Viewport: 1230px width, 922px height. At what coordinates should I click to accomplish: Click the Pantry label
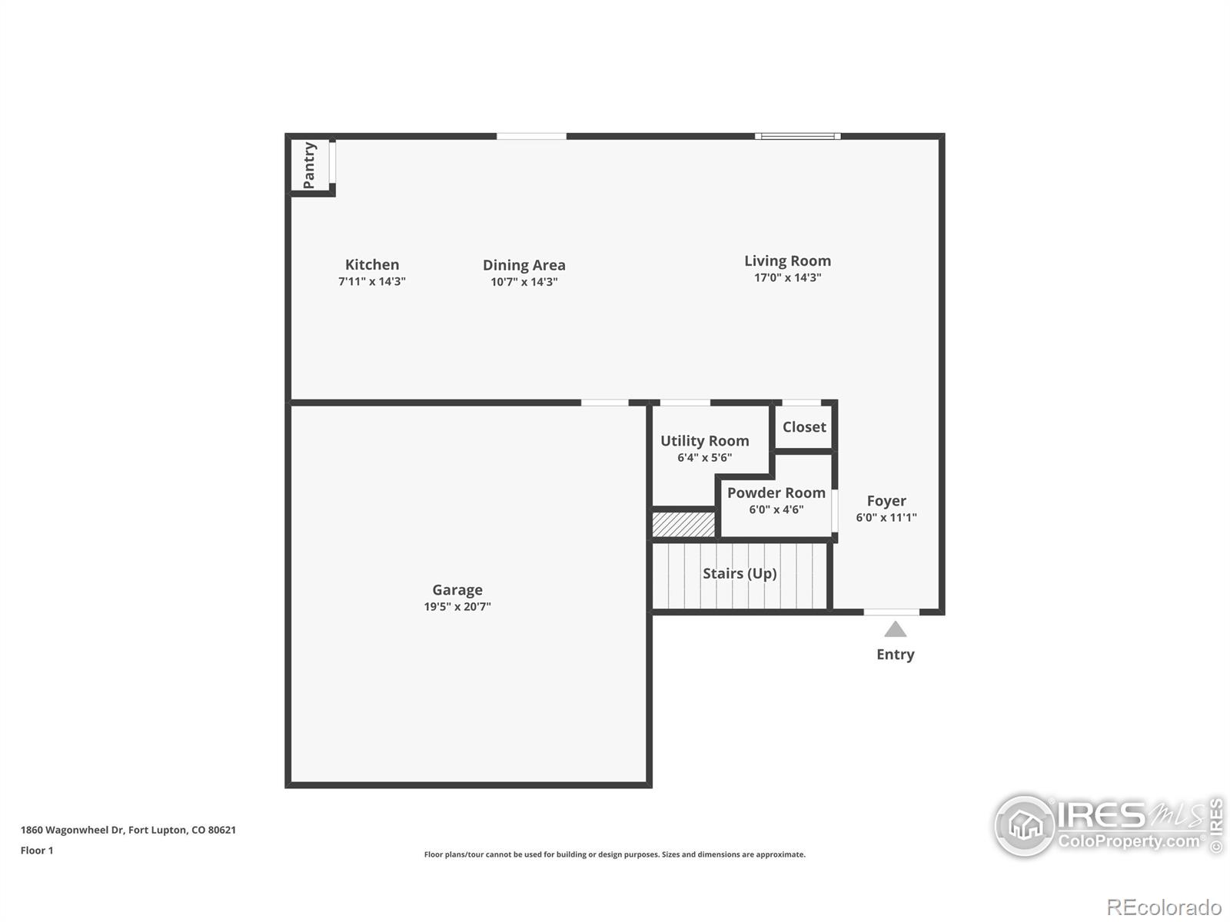coord(309,165)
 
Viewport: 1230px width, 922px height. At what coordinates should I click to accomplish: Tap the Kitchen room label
coord(372,264)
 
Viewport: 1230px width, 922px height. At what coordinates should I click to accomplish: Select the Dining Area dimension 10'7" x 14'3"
coord(524,281)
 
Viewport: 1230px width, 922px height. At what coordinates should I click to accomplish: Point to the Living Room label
coord(787,261)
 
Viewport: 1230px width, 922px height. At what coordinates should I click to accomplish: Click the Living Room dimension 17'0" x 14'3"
coord(787,277)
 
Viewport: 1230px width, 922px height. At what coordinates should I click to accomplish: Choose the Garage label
coord(457,590)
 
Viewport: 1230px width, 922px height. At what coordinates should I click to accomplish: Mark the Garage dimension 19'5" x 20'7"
coord(457,606)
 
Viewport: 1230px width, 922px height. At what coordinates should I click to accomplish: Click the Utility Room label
coord(704,441)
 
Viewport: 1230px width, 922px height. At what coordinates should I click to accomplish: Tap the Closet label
coord(804,427)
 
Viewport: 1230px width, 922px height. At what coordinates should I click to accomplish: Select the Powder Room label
coord(776,493)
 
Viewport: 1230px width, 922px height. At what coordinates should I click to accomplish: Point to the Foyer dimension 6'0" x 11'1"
coord(886,517)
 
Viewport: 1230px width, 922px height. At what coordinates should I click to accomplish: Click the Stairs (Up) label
coord(740,573)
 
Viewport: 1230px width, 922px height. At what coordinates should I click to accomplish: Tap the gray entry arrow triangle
coord(896,630)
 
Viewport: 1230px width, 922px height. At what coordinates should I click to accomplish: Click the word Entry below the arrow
coord(896,655)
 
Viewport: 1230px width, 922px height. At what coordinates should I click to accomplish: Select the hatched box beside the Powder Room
coord(683,525)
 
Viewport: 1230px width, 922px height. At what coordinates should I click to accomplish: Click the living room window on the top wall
coord(797,136)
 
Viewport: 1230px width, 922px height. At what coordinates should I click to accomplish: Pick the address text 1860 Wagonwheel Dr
coord(71,831)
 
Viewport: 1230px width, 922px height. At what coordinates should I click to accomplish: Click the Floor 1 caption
coord(37,851)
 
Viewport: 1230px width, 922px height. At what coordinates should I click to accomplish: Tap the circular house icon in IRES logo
coord(1025,825)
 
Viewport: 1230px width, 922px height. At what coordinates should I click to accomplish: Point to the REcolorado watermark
coord(1164,907)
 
